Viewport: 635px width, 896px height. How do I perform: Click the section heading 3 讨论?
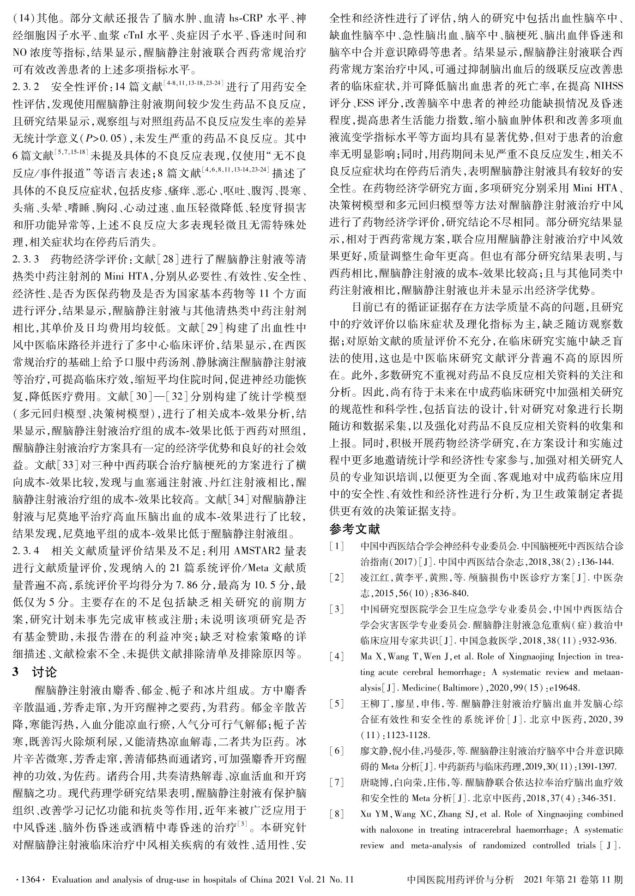click(35, 672)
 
